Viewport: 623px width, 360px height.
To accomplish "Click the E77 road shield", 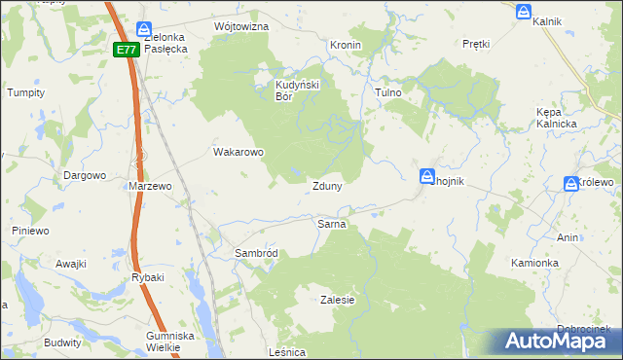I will (x=125, y=50).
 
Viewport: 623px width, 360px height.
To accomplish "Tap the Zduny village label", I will (x=326, y=186).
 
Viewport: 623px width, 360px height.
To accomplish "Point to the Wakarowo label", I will (x=238, y=152).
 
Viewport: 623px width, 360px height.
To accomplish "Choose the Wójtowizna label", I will (x=240, y=26).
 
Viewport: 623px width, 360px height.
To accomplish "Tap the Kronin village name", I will (x=346, y=45).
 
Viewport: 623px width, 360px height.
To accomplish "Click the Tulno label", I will (x=388, y=92).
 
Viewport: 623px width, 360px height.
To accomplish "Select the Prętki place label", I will (x=476, y=45).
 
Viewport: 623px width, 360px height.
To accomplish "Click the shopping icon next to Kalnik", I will (x=524, y=12).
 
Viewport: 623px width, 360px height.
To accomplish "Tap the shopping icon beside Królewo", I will (x=571, y=183).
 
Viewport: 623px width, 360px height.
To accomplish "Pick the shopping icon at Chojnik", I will (x=427, y=176).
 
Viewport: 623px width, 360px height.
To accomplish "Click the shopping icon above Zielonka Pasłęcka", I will (x=144, y=30).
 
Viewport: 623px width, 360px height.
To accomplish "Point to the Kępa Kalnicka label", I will (x=557, y=118).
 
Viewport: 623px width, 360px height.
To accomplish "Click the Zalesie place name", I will (x=337, y=300).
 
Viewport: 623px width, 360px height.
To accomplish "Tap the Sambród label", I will (x=256, y=253).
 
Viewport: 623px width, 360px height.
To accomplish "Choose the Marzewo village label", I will (x=150, y=186).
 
